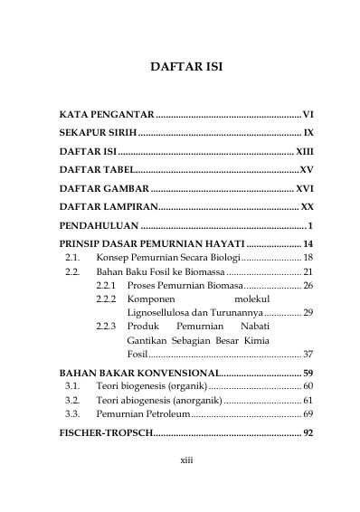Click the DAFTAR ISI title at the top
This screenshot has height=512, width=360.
(x=179, y=67)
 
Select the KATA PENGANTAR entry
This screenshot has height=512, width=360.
(x=107, y=117)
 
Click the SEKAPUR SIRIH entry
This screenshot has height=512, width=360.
(x=99, y=133)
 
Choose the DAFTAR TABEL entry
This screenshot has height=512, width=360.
(x=96, y=169)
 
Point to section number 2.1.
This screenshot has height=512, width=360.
(x=72, y=258)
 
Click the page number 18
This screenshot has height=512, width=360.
(x=308, y=258)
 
